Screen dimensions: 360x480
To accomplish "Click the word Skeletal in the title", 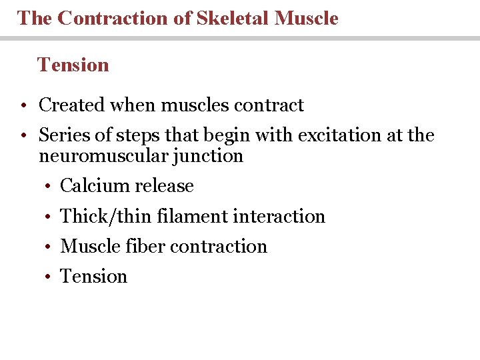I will click(235, 18).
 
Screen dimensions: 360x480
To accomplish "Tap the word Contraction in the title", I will click(114, 18).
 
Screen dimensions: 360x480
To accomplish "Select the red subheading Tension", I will click(73, 65).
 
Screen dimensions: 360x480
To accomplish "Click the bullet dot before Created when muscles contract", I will click(23, 106).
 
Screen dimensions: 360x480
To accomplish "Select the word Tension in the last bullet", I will click(93, 276).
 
